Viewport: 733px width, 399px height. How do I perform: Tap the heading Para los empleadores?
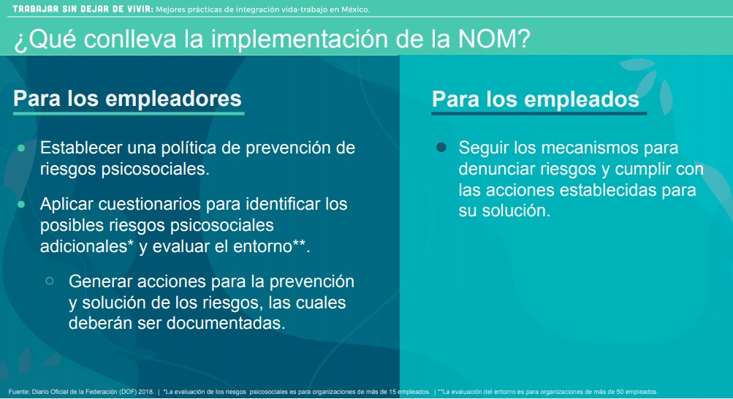coord(127,99)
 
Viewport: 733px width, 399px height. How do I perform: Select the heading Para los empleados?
coord(536,99)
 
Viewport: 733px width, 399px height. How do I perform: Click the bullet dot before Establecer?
coord(21,148)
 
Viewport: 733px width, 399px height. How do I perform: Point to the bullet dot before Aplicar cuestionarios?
coord(21,204)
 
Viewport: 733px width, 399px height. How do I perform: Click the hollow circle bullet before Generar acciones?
coord(50,281)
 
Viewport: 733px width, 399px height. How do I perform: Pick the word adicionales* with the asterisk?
coord(87,246)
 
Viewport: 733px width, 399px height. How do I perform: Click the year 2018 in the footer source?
coord(145,392)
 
